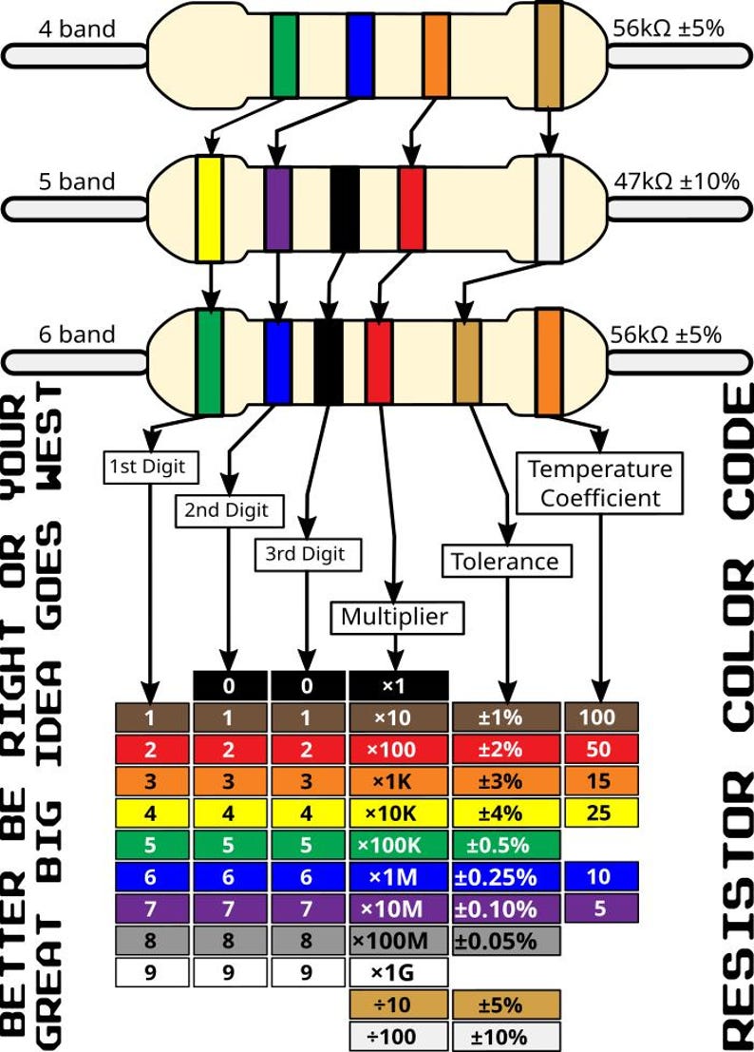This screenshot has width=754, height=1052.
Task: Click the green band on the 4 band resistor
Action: (284, 55)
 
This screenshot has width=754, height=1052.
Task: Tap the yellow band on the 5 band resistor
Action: (209, 209)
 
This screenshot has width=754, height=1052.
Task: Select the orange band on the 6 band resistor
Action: (548, 361)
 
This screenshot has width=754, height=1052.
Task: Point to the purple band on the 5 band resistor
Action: (277, 206)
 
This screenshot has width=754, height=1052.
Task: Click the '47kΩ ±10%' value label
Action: (676, 181)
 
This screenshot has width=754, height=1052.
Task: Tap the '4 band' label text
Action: (77, 29)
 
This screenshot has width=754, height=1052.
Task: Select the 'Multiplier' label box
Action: (394, 617)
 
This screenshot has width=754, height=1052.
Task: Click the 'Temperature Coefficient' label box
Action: (599, 482)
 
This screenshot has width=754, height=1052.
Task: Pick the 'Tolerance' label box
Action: (506, 561)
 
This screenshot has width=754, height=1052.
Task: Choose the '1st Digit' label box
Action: (153, 466)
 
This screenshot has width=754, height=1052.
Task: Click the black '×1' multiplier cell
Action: (398, 685)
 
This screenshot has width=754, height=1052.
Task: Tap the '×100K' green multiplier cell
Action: (398, 844)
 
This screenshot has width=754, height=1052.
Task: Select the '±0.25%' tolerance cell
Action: (506, 876)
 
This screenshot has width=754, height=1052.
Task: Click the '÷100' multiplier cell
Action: (398, 1036)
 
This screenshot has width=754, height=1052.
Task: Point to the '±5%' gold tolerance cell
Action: (506, 1004)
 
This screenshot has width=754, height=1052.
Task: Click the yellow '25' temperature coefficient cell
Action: (601, 813)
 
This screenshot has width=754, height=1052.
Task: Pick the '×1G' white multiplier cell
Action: (398, 972)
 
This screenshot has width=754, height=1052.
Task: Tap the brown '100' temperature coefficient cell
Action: (601, 717)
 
